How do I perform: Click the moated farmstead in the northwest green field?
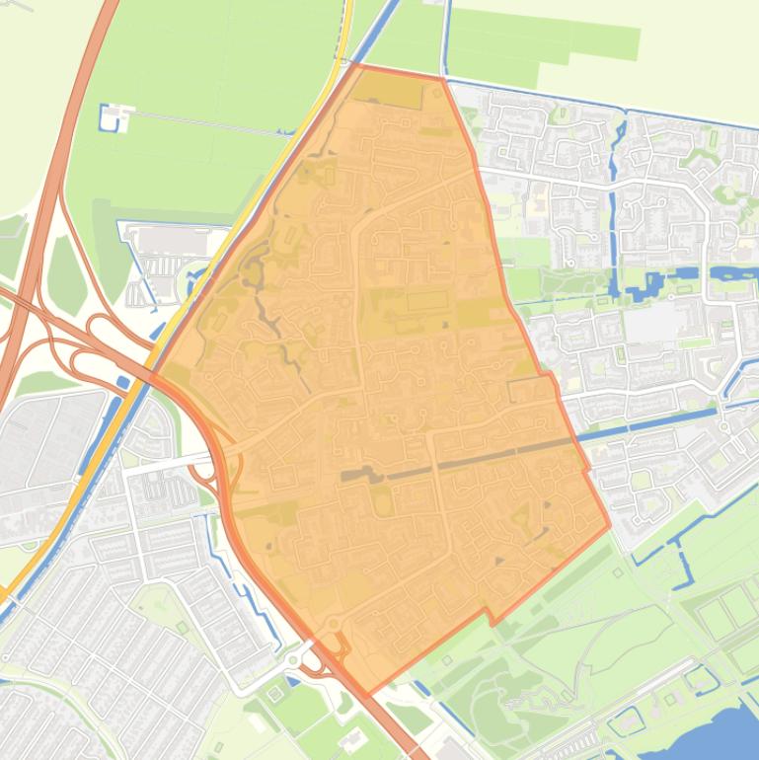(x=114, y=116)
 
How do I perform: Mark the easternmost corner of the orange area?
(x=609, y=528)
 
